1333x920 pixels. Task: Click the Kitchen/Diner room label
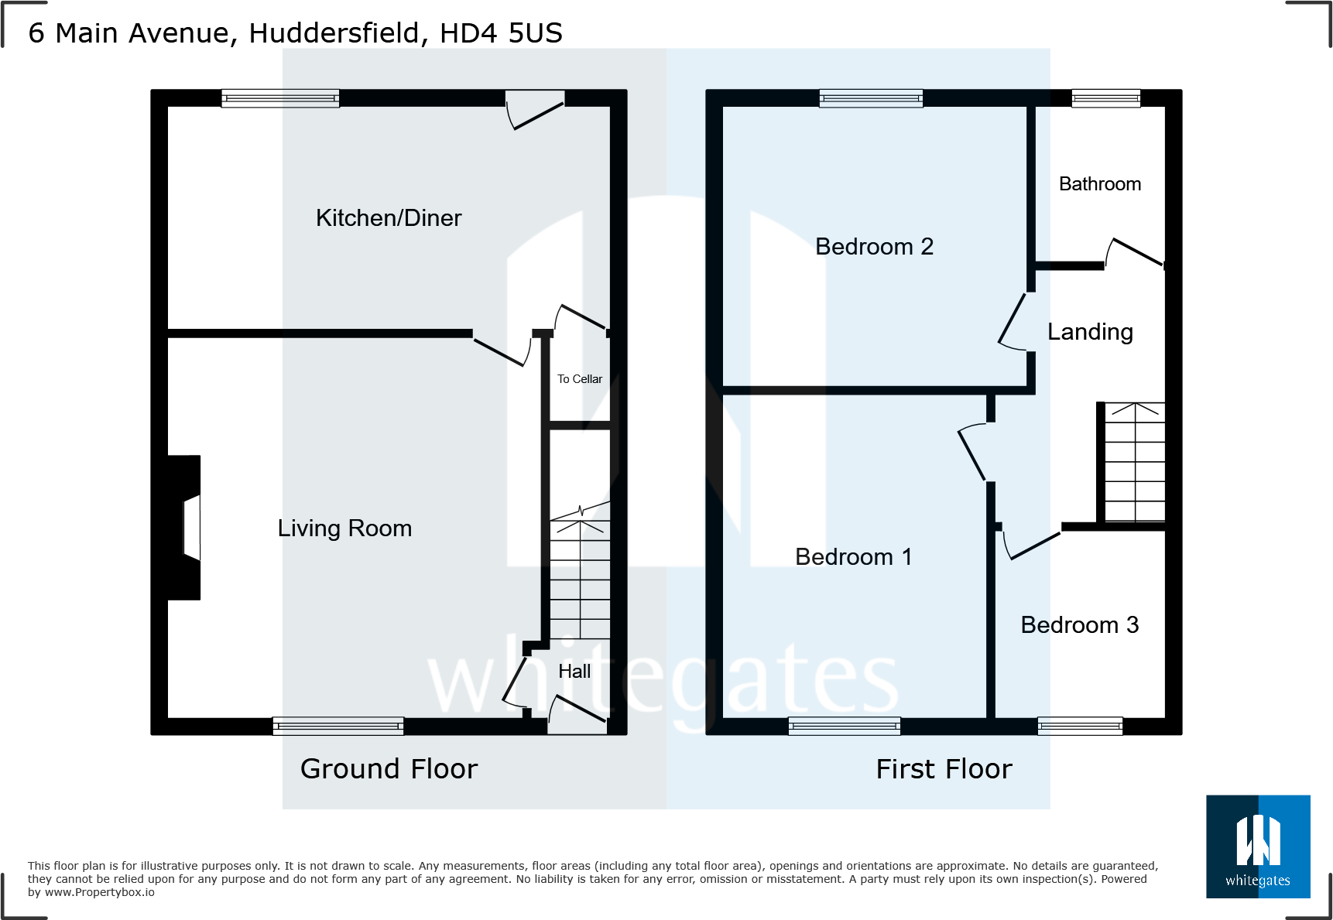point(389,218)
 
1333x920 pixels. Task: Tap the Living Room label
point(344,528)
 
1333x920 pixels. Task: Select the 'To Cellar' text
point(580,379)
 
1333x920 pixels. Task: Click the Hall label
point(574,672)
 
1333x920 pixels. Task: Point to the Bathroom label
point(1099,184)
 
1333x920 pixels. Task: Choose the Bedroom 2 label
point(874,247)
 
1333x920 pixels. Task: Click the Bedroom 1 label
point(853,557)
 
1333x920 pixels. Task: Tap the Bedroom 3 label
point(1079,625)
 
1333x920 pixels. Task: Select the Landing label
point(1090,332)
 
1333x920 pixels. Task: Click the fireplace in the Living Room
point(186,527)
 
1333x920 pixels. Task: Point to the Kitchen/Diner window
point(280,98)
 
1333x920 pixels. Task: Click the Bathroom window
point(1105,98)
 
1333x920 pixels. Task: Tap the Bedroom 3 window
point(1080,726)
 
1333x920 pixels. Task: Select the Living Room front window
point(338,726)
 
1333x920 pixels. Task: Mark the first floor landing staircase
point(1134,463)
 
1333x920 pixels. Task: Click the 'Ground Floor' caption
point(389,769)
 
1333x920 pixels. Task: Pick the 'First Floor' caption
point(944,769)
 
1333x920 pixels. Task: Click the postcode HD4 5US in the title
point(501,33)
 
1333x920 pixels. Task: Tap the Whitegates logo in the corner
point(1258,846)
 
